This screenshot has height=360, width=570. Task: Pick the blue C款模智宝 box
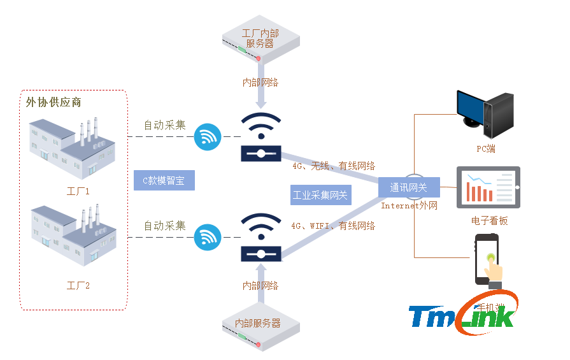pos(164,180)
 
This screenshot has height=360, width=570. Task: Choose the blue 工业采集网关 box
pos(320,195)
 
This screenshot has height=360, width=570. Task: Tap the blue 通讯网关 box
pos(408,187)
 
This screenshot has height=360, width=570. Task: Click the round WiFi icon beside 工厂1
pos(208,137)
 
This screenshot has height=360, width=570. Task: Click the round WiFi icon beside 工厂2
pos(208,236)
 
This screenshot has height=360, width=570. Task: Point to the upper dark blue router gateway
pos(260,138)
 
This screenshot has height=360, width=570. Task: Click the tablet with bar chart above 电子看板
pos(488,187)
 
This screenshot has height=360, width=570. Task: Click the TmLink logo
pos(462,315)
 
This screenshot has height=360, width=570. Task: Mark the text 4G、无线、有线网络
pos(334,166)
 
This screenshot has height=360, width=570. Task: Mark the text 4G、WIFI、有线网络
pos(333,226)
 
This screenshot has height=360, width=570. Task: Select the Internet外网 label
pos(410,206)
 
